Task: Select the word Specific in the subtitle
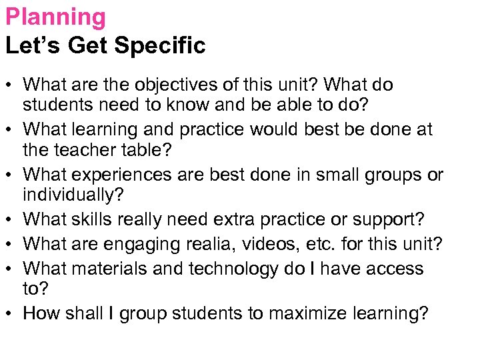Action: click(160, 46)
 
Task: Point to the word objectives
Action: click(171, 85)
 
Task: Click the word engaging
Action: click(157, 244)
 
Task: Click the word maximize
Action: click(298, 314)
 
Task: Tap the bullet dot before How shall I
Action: click(9, 313)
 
